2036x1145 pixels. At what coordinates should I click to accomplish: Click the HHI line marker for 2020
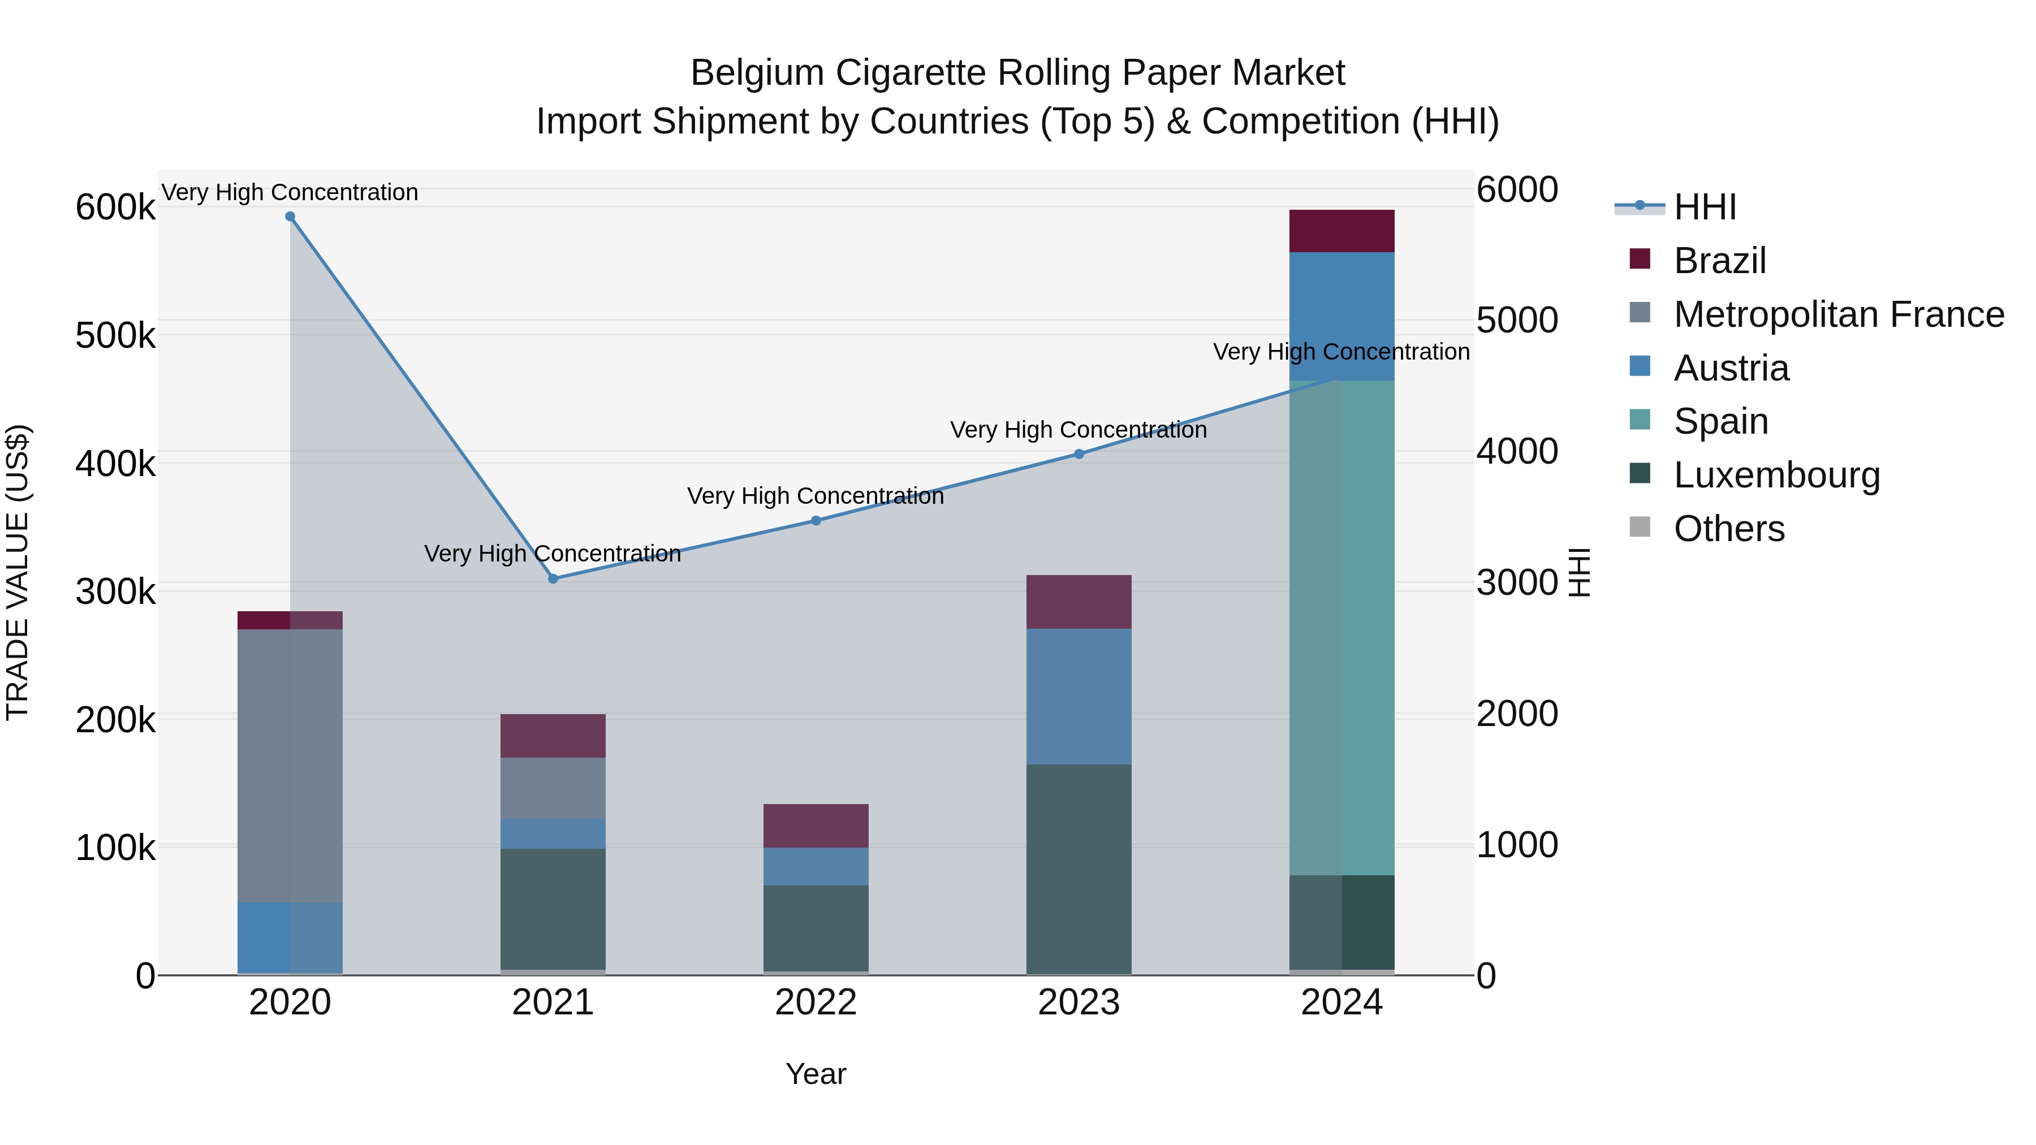click(x=290, y=217)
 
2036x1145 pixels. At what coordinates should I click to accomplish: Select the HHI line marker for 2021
click(x=553, y=578)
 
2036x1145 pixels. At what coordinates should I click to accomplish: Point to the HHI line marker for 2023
click(x=1079, y=455)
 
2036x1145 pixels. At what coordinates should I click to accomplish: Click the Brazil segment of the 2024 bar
click(x=1341, y=231)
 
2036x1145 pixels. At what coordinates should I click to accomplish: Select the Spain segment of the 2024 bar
click(x=1341, y=628)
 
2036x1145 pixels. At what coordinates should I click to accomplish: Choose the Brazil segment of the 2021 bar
click(x=553, y=736)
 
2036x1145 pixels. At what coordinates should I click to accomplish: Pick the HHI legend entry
click(x=1704, y=207)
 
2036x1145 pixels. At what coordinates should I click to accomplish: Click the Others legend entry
click(x=1728, y=529)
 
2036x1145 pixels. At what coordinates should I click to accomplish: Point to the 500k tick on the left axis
click(x=115, y=336)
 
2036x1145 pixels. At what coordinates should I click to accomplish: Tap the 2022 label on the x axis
click(x=816, y=1003)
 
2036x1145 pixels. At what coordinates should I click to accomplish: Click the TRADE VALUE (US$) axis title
click(x=18, y=572)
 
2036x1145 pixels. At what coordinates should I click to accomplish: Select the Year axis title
click(x=816, y=1074)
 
